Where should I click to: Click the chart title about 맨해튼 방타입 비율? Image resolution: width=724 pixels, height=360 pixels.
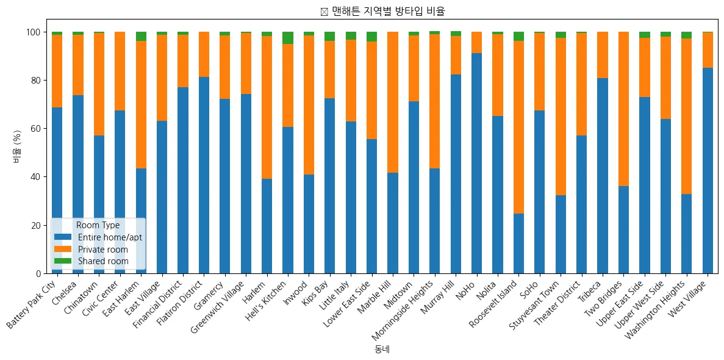point(387,11)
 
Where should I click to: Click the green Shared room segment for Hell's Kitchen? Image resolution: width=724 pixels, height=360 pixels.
point(287,38)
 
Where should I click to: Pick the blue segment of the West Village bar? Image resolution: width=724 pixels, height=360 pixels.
point(708,170)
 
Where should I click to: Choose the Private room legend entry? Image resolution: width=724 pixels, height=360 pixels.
point(103,249)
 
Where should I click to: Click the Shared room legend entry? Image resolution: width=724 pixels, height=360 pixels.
point(102,261)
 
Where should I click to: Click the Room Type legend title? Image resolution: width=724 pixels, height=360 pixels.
point(98,225)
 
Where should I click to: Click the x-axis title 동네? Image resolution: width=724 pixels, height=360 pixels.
point(382,350)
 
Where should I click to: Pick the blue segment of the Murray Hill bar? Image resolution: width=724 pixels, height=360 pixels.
point(456,174)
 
